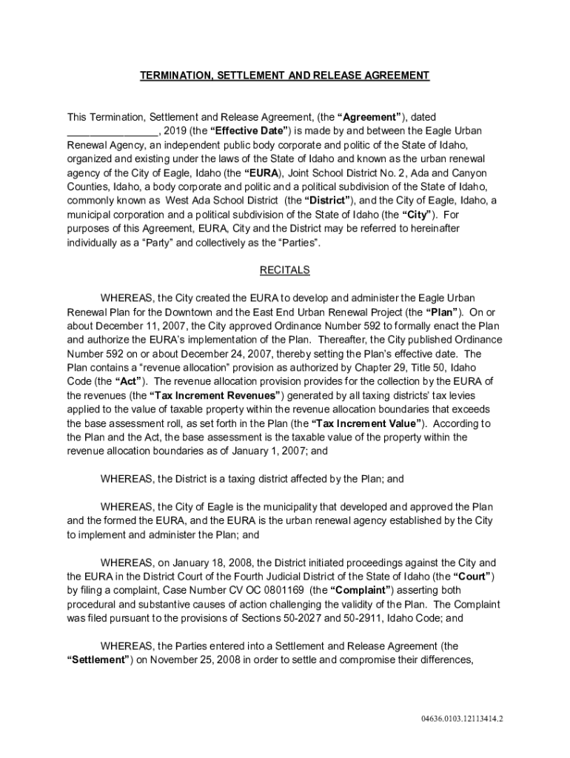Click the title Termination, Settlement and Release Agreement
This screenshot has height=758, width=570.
point(285,76)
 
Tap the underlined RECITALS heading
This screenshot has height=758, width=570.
point(285,270)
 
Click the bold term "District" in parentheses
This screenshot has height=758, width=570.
point(326,201)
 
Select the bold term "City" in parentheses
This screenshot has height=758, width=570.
point(418,215)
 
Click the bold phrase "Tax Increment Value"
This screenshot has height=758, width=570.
point(368,424)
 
